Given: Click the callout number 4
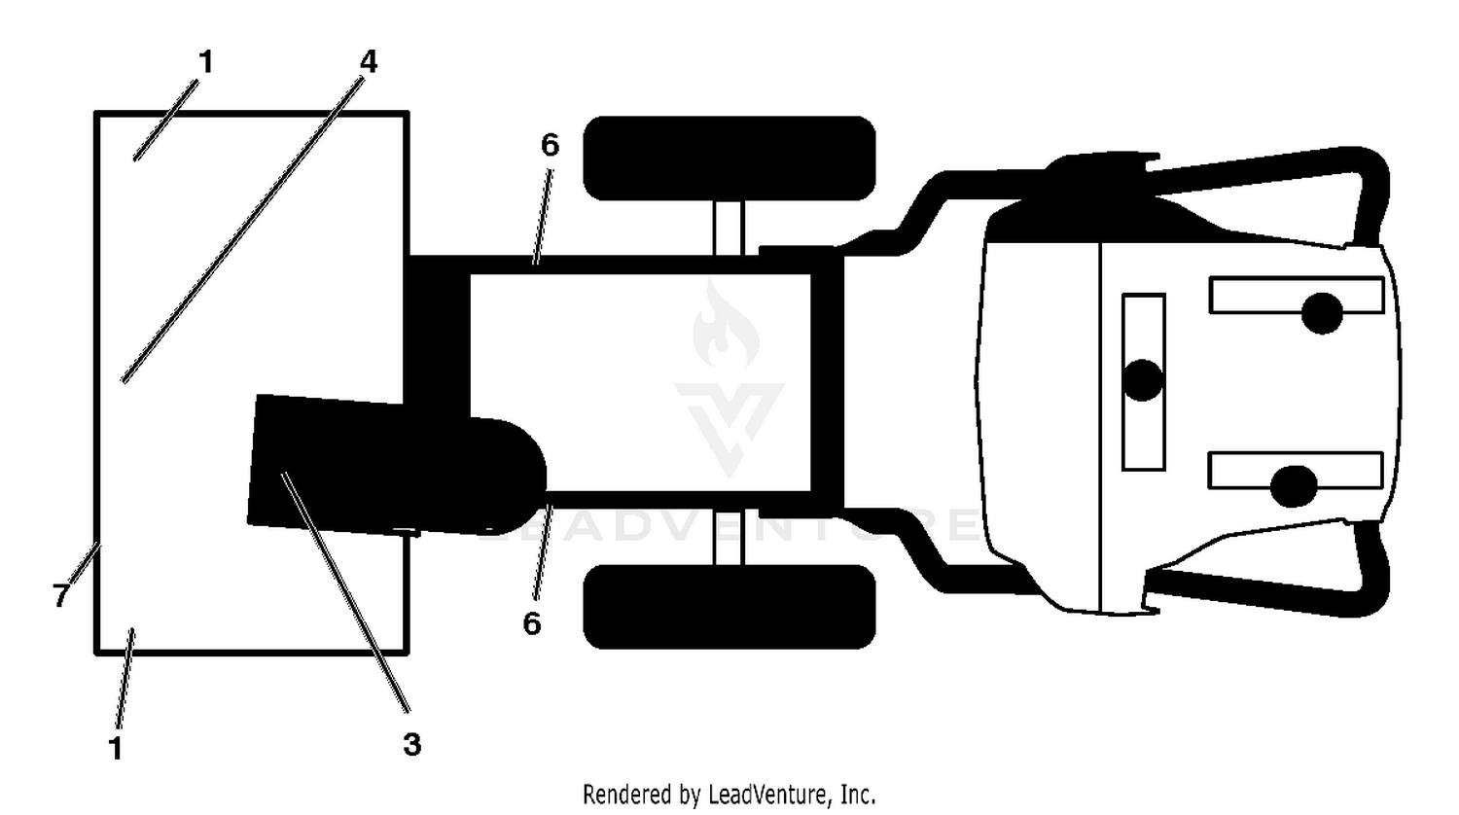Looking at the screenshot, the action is [369, 62].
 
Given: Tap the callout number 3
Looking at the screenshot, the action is [412, 744].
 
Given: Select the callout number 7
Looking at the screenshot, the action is [60, 595].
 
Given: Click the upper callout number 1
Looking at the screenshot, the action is [206, 62].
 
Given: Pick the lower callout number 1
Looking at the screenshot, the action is [116, 749].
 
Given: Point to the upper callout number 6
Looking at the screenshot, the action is [551, 145].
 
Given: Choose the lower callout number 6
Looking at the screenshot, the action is [532, 623].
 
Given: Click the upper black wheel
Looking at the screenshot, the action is [729, 159].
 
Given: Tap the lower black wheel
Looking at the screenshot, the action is [729, 607].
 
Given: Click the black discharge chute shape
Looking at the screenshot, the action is [391, 466].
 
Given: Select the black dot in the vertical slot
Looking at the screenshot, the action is [1143, 380].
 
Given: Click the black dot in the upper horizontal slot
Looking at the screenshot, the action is [1322, 313].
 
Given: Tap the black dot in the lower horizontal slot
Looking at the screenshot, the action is [1294, 486].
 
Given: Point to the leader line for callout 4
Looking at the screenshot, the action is [243, 230].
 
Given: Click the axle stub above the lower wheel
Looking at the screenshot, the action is [729, 538].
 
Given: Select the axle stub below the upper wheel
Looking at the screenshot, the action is [729, 228].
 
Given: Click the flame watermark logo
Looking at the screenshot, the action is [727, 323].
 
